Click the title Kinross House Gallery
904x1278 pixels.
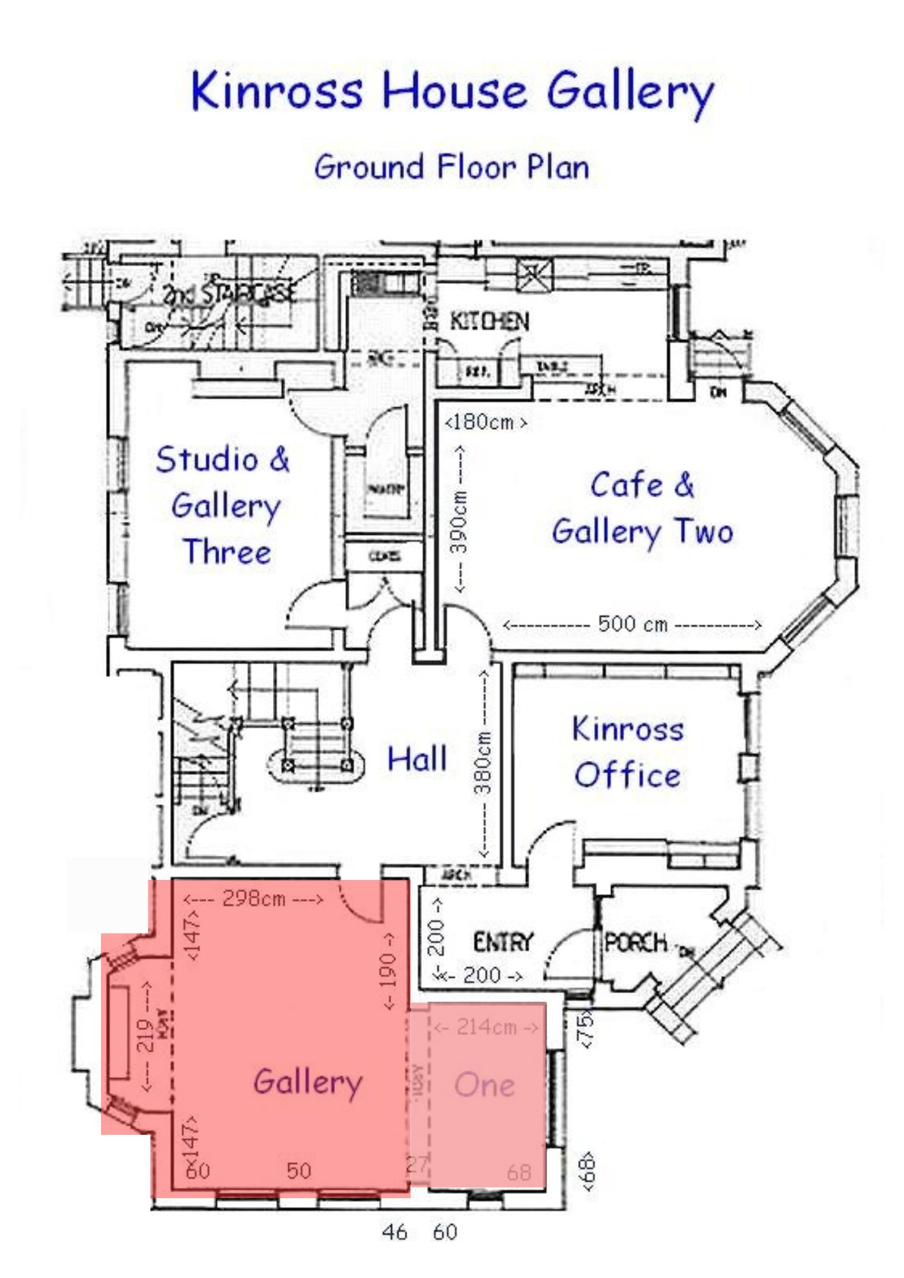click(451, 91)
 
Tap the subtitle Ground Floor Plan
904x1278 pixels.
click(451, 167)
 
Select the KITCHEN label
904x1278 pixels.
click(489, 321)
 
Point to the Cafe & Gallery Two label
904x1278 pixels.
click(642, 508)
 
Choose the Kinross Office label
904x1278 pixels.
click(628, 752)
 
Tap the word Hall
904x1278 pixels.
click(417, 759)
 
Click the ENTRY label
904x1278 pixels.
click(503, 942)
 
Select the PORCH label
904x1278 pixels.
click(635, 942)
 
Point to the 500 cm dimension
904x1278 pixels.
click(632, 624)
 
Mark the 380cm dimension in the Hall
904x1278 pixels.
click(483, 762)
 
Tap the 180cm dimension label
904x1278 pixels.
click(486, 422)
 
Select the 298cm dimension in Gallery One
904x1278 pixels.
click(253, 898)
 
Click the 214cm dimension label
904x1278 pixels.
click(486, 1027)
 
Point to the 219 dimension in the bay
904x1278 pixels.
click(146, 1036)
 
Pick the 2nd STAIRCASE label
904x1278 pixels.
click(230, 294)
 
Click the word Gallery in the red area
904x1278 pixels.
click(308, 1082)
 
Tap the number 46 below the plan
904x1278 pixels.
click(394, 1231)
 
